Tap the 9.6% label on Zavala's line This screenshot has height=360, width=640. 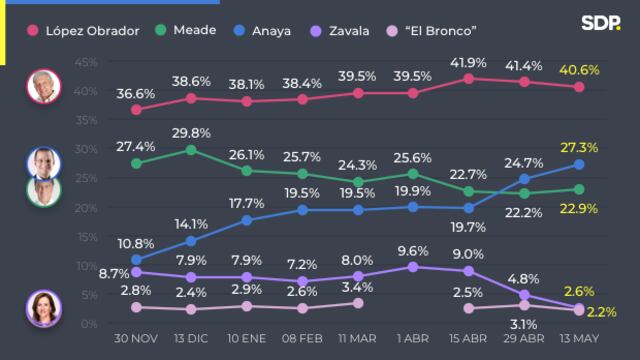[413, 250]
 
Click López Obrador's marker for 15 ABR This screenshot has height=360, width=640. [468, 78]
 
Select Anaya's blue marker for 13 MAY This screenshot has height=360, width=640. [579, 165]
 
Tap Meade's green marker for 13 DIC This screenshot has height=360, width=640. [191, 150]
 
